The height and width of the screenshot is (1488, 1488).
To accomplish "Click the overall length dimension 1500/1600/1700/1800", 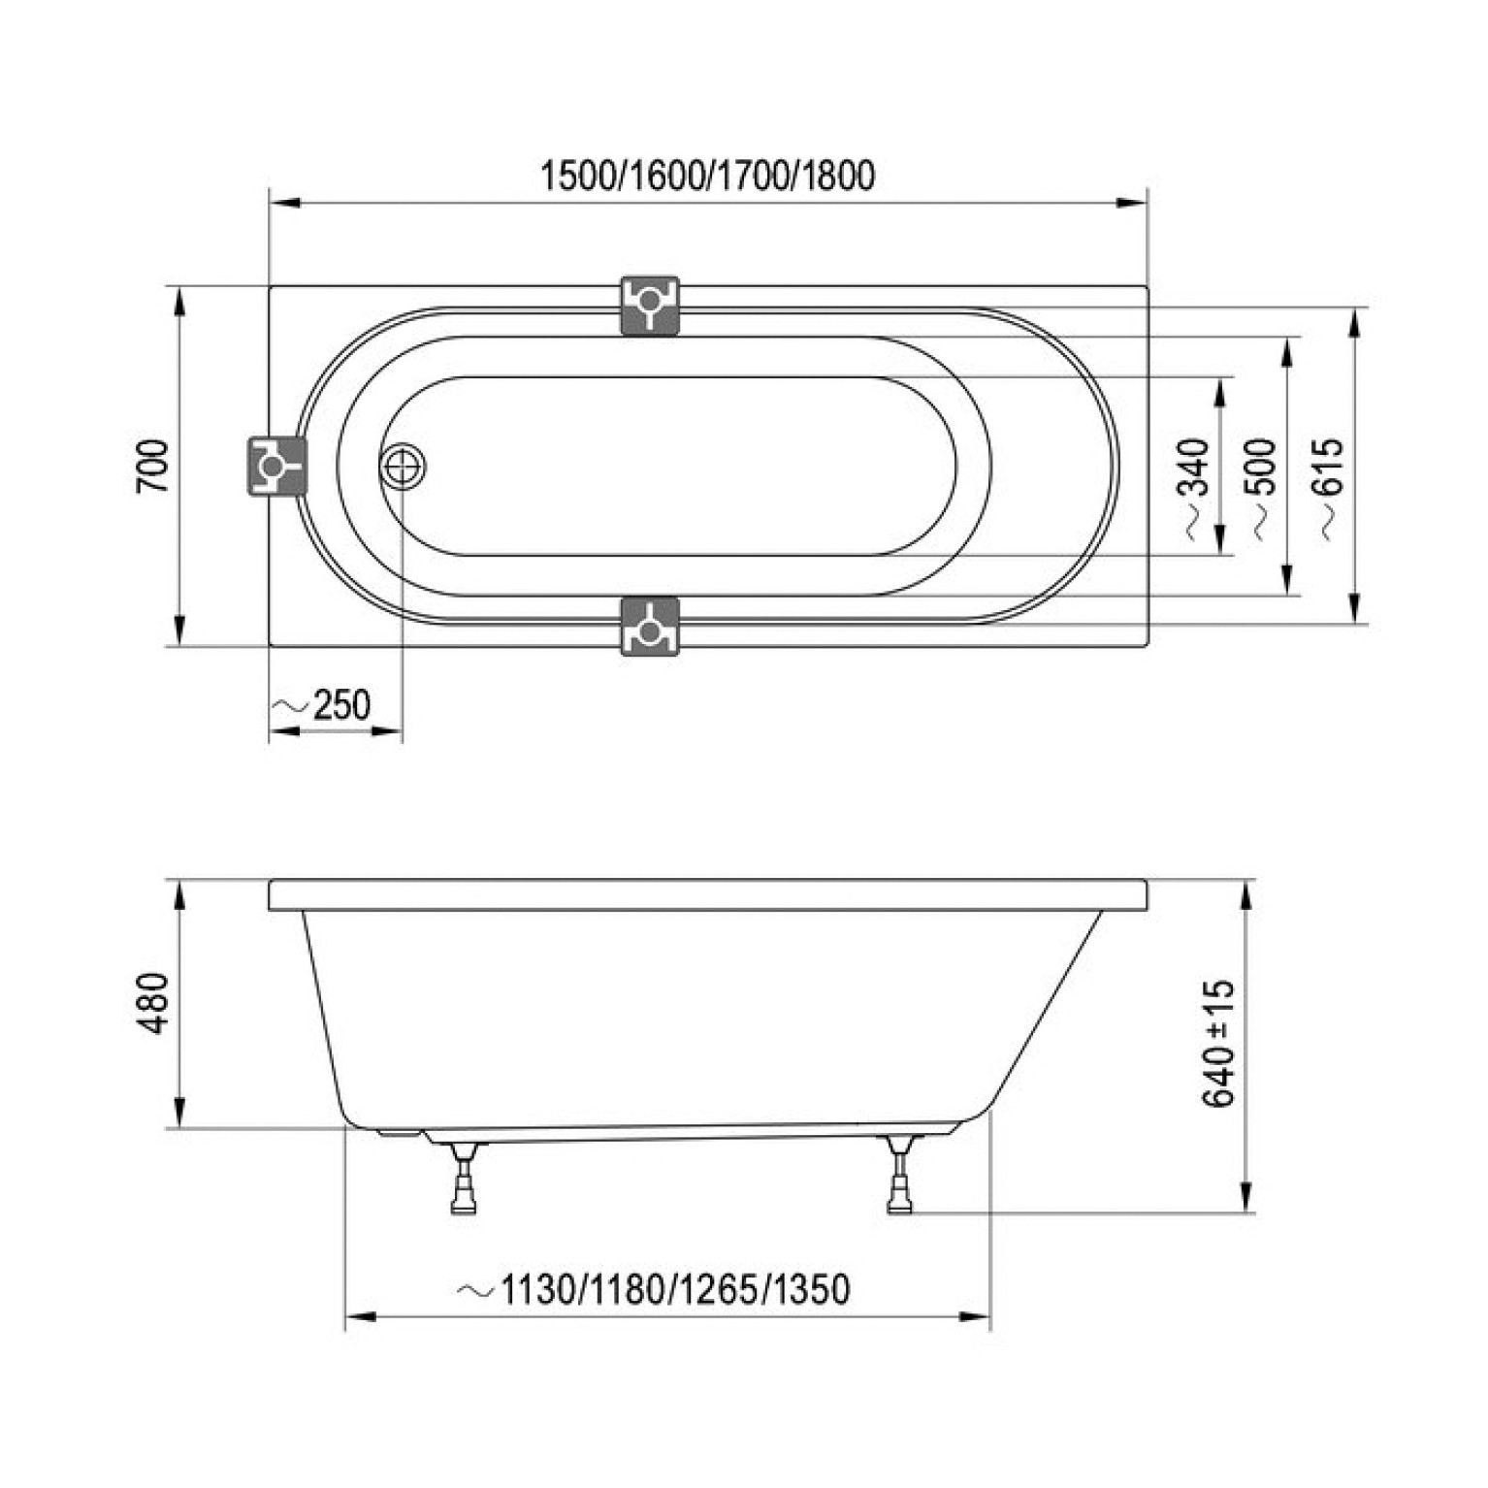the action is [x=707, y=177].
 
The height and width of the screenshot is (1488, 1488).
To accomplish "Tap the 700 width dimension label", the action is [x=155, y=466].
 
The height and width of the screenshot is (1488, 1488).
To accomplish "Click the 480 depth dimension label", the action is [x=155, y=1003].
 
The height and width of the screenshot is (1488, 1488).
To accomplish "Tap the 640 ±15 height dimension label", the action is [x=1218, y=1043].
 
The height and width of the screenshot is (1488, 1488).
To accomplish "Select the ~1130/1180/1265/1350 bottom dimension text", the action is [x=654, y=1289].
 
